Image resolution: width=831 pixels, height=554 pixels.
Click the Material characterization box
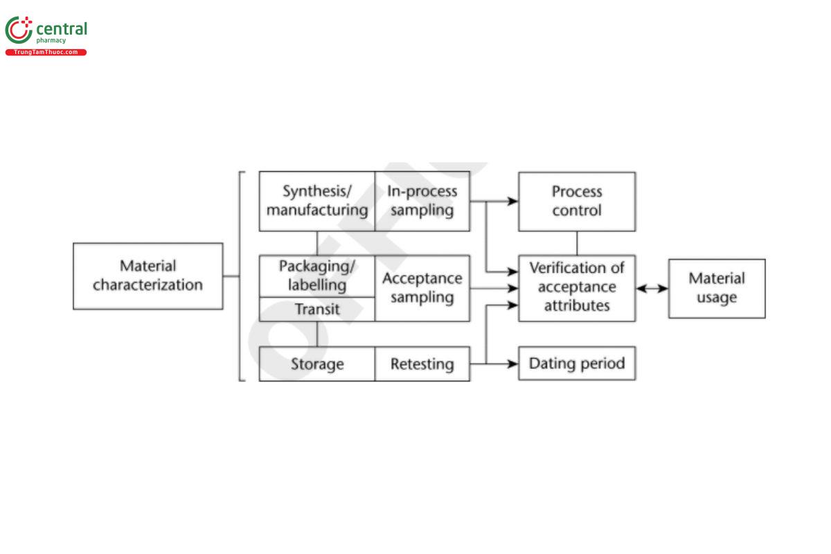tap(148, 276)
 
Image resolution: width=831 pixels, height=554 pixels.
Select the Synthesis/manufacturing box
tap(316, 201)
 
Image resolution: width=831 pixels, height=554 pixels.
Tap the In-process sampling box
tap(422, 201)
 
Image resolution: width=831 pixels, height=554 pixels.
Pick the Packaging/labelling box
tap(316, 276)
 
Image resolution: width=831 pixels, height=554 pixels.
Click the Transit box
tap(316, 309)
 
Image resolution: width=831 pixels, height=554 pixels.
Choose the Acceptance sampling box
tap(422, 288)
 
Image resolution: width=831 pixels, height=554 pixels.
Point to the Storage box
tap(316, 364)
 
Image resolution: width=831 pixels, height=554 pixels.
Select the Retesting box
tap(422, 364)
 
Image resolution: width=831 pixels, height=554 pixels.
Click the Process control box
tap(576, 201)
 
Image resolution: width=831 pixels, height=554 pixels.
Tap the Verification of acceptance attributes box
tap(576, 287)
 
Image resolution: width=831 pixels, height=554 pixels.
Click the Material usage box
tap(716, 288)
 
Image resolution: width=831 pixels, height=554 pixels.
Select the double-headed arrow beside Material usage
tap(652, 289)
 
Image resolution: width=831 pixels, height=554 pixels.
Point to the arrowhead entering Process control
tap(512, 201)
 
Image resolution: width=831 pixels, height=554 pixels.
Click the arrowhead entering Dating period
tap(512, 364)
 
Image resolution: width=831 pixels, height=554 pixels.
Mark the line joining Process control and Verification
tap(577, 242)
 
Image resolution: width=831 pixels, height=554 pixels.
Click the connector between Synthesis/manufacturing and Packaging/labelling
tap(317, 242)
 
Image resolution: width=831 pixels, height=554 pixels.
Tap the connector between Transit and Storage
tap(317, 334)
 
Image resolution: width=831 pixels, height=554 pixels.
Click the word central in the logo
tap(61, 29)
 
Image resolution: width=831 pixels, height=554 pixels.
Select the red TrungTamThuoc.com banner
tap(46, 53)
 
